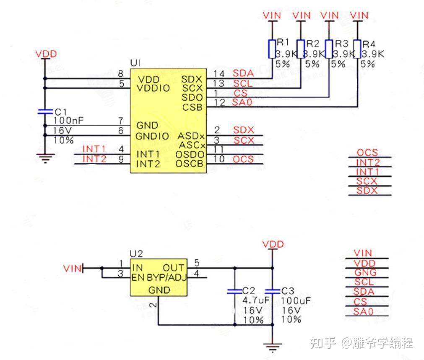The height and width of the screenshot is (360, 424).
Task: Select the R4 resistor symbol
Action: point(357,49)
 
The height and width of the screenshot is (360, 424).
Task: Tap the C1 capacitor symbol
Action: point(44,112)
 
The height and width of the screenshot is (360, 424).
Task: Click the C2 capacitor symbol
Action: point(234,291)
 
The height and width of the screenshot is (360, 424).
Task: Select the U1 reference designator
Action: point(135,63)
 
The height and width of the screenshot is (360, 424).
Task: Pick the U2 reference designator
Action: point(136,253)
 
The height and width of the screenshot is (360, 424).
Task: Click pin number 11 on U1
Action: point(218,149)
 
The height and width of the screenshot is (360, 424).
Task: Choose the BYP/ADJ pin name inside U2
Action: point(166,278)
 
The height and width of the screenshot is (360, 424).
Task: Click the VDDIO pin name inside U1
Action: point(154,89)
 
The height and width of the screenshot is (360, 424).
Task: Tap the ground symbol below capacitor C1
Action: point(44,158)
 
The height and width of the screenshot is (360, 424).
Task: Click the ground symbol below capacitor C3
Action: point(273,346)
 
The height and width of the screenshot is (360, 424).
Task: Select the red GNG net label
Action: point(365,272)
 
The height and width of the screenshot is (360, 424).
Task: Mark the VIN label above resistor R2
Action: point(301,16)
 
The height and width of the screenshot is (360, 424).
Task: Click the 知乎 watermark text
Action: point(323,343)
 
